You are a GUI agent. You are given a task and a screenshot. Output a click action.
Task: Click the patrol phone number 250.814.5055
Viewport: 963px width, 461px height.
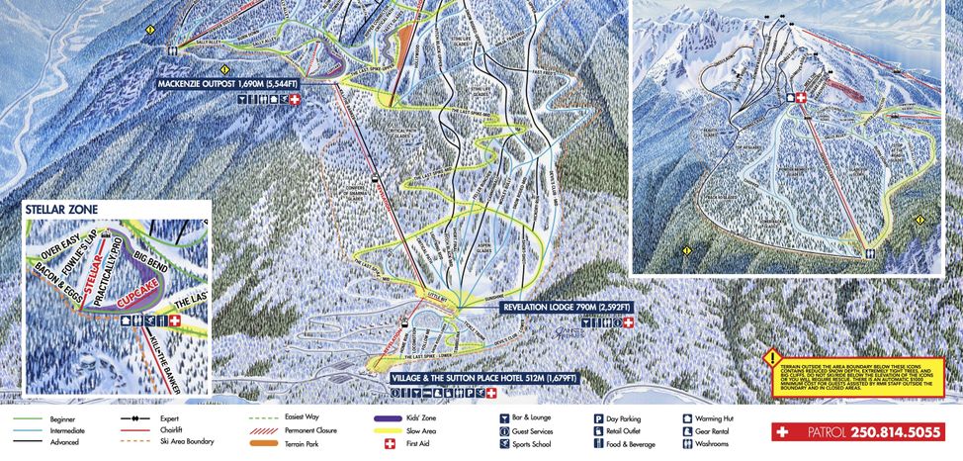point(871,432)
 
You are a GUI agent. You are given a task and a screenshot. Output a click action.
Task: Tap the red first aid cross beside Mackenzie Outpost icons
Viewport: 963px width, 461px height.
point(294,100)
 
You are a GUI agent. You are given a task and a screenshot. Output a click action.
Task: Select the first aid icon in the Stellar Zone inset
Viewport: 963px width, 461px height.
point(175,321)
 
